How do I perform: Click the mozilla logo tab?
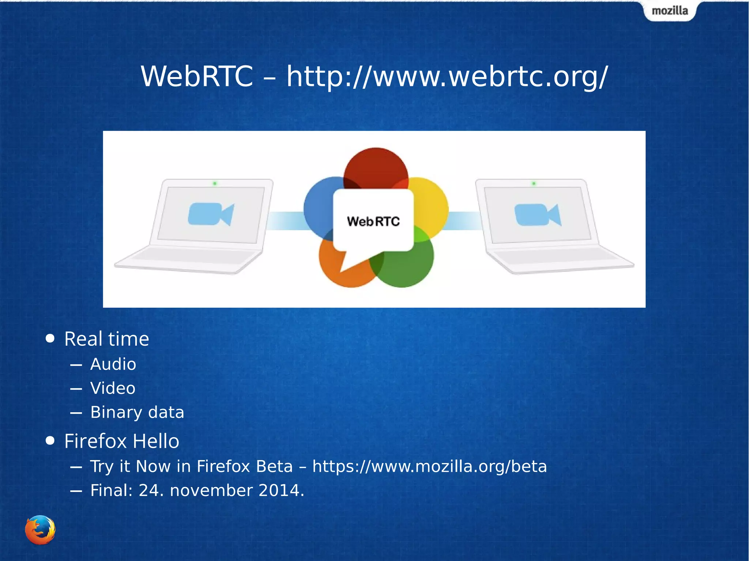click(x=670, y=11)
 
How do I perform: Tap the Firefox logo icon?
click(x=40, y=530)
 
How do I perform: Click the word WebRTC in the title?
click(x=197, y=76)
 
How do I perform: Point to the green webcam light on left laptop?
click(x=215, y=183)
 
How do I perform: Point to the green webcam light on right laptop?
click(x=534, y=183)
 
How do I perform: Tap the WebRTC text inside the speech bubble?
click(x=373, y=221)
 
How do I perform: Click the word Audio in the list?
click(x=113, y=364)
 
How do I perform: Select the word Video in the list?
click(x=113, y=388)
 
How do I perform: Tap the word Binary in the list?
click(x=116, y=413)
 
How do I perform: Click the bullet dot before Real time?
click(x=50, y=338)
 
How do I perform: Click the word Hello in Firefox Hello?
click(x=156, y=441)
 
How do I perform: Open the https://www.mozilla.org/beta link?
click(x=429, y=467)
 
